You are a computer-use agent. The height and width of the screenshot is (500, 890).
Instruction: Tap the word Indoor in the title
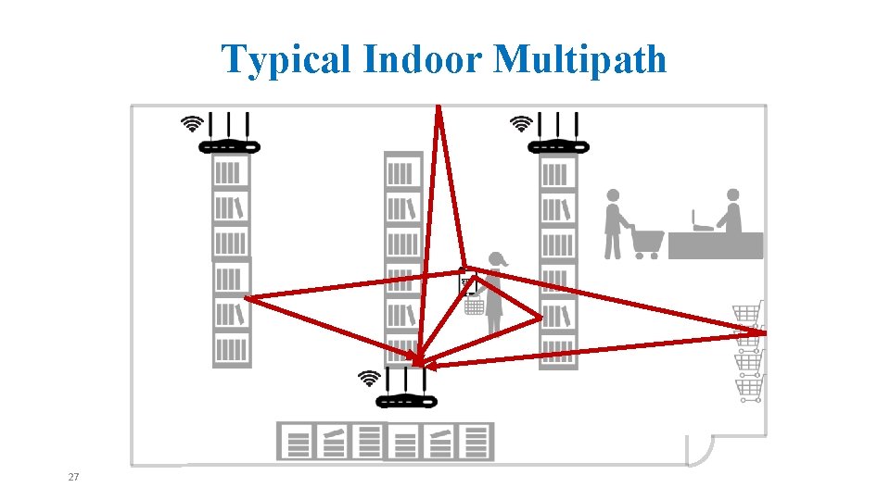[x=425, y=60]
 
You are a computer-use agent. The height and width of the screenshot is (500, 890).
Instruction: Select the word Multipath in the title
[x=580, y=60]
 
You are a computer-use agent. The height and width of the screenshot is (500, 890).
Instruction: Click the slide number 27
[x=74, y=477]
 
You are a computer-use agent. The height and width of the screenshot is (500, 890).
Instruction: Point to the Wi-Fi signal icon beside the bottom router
[x=370, y=378]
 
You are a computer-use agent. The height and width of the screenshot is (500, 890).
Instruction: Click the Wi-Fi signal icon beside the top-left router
[x=192, y=123]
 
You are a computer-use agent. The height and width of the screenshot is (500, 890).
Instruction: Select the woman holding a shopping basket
[x=494, y=292]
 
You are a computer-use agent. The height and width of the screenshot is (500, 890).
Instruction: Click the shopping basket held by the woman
[x=474, y=305]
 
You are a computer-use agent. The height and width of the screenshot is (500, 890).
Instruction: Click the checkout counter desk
[x=716, y=245]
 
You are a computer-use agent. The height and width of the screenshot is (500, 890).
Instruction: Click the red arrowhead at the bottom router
[x=418, y=361]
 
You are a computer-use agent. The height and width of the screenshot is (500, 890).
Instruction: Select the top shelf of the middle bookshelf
[x=402, y=173]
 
